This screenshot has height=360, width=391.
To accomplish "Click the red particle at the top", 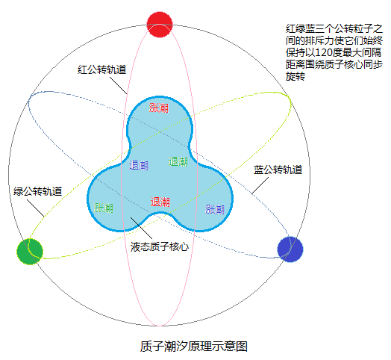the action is point(160,24).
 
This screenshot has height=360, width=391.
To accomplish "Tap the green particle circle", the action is point(30,252).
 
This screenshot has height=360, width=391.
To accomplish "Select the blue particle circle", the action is point(290,249).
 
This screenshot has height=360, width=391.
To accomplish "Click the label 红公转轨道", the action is point(102,69).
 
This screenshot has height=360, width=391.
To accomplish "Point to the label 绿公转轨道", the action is point(37,191).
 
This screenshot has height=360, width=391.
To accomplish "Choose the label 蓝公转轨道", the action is point(278,170).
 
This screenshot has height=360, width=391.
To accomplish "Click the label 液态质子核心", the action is point(160,246).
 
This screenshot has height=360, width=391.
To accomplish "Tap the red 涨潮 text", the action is point(159,108).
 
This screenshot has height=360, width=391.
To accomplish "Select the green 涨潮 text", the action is point(104,208).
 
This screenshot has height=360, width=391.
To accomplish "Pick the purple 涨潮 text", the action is point(215,209).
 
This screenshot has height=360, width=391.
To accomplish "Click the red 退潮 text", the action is point(160,202).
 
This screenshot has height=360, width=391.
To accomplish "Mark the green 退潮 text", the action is point(178,161).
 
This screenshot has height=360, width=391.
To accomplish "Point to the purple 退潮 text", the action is point(139,165).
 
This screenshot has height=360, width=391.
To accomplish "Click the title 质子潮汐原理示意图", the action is point(194,347).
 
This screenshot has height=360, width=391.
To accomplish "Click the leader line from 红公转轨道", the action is point(119,86).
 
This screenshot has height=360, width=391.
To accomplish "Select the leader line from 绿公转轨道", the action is point(36,208).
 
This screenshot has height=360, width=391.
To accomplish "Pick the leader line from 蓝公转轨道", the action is point(260,186).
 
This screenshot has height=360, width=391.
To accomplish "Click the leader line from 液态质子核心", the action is point(141,228).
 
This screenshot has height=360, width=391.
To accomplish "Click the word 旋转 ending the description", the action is point(295,76).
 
